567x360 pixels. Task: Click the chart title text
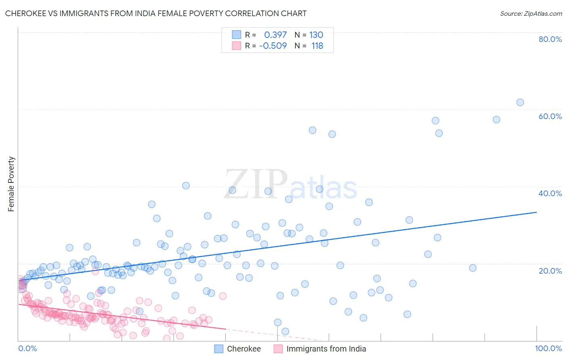pos(156,13)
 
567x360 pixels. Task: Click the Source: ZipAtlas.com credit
pos(531,13)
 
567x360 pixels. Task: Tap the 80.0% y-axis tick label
pos(550,39)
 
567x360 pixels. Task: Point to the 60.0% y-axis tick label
pos(550,116)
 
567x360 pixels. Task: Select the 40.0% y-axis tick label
pos(550,193)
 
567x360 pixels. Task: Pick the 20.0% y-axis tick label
pos(550,271)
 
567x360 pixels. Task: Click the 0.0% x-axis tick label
pos(27,348)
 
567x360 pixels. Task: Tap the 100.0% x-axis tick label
pos(548,348)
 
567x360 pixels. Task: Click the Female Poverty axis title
pos(11,184)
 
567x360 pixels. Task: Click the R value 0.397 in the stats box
pos(275,35)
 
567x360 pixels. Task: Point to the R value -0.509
pos(273,46)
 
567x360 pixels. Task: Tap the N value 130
pos(316,35)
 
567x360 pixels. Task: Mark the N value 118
pos(317,46)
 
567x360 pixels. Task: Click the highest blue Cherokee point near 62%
pos(520,103)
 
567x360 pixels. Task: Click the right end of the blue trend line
pos(536,212)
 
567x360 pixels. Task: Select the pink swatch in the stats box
pos(236,46)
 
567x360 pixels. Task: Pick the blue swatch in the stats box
pos(236,35)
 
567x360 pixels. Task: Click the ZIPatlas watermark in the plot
pos(290,184)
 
